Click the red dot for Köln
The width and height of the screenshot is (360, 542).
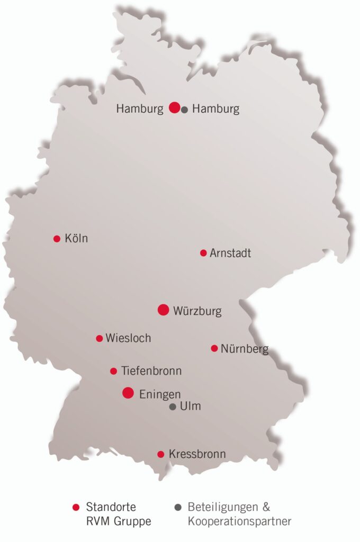tap(57, 239)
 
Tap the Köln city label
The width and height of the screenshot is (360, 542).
tap(76, 239)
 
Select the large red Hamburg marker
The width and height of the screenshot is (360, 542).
tap(174, 107)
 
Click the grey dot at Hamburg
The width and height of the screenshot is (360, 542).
tap(184, 110)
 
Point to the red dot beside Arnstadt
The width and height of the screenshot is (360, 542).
tap(203, 253)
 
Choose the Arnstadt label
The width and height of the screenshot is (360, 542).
tap(230, 253)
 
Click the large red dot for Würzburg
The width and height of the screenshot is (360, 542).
tap(163, 310)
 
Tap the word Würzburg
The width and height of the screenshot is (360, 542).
tap(197, 311)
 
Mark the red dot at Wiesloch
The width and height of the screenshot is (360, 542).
tap(99, 338)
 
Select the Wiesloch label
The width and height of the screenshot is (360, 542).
tap(128, 338)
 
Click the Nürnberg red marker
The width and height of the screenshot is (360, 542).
tap(214, 348)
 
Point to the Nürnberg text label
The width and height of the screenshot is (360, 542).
tap(245, 349)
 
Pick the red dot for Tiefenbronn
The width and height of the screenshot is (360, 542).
tap(113, 371)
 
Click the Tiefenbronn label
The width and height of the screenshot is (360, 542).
tap(151, 371)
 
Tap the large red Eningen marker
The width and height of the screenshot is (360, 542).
tap(128, 393)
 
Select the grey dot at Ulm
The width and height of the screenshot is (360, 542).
tap(173, 407)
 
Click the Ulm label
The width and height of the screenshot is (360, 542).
tap(191, 407)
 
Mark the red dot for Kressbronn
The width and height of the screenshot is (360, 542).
tap(160, 454)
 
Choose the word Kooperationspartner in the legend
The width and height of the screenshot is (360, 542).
tap(239, 521)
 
